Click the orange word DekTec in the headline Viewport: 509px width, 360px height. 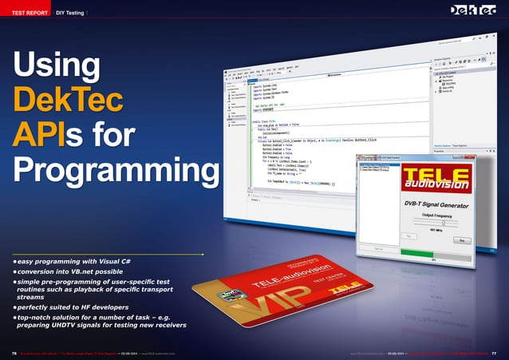pyautogui.click(x=68, y=103)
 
